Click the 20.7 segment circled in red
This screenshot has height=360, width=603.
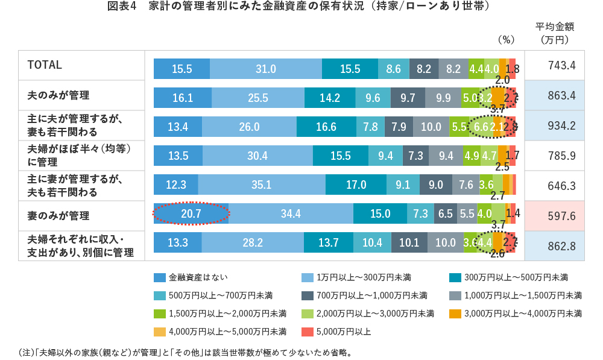191,213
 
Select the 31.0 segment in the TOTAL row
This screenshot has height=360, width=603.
265,69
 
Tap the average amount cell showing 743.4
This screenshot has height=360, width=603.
554,65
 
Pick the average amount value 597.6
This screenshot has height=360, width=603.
554,216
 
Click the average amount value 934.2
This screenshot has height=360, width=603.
554,125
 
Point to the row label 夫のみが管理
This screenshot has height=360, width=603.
58,95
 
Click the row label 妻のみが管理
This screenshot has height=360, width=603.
58,216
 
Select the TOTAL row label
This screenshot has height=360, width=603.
45,65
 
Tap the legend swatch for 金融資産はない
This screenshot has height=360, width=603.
159,277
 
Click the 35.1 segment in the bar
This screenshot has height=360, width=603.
261,185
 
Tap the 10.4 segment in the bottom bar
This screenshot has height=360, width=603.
372,242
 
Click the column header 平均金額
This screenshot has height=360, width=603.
554,27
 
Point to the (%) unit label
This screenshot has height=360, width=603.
505,40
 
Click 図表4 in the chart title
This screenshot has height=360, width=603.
122,7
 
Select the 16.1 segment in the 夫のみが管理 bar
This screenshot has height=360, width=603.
182,98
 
